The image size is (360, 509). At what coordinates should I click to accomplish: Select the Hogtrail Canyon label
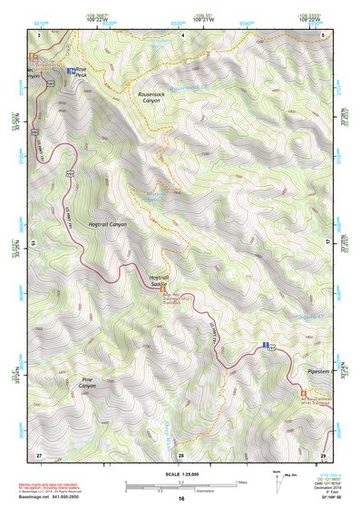tap(107, 223)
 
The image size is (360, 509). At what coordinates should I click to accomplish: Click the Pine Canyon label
tap(87, 383)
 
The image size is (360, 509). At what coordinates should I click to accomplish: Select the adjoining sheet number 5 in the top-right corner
tap(324, 34)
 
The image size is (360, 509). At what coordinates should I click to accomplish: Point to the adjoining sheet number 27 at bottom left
tap(39, 454)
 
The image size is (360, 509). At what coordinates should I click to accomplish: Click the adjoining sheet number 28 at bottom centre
tap(181, 454)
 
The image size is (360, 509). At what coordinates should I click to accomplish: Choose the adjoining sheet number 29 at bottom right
tap(323, 454)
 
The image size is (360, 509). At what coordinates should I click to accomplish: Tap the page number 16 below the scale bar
tap(180, 499)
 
